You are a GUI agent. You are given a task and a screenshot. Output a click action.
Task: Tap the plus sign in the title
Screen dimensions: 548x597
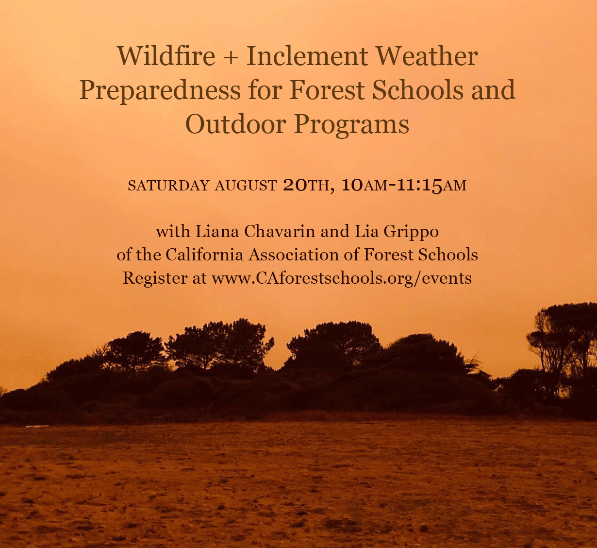[231, 57]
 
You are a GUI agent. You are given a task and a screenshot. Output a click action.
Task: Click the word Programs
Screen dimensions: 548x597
[352, 125]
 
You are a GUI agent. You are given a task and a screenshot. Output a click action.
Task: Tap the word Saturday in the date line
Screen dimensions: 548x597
[168, 186]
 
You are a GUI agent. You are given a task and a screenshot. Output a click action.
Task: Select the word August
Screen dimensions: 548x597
[246, 186]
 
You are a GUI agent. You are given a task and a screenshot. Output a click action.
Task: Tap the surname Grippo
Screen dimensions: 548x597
[411, 232]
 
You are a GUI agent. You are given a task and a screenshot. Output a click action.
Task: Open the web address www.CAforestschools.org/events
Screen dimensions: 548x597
[342, 278]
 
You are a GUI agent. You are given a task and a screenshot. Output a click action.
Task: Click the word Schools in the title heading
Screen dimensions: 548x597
[418, 91]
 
